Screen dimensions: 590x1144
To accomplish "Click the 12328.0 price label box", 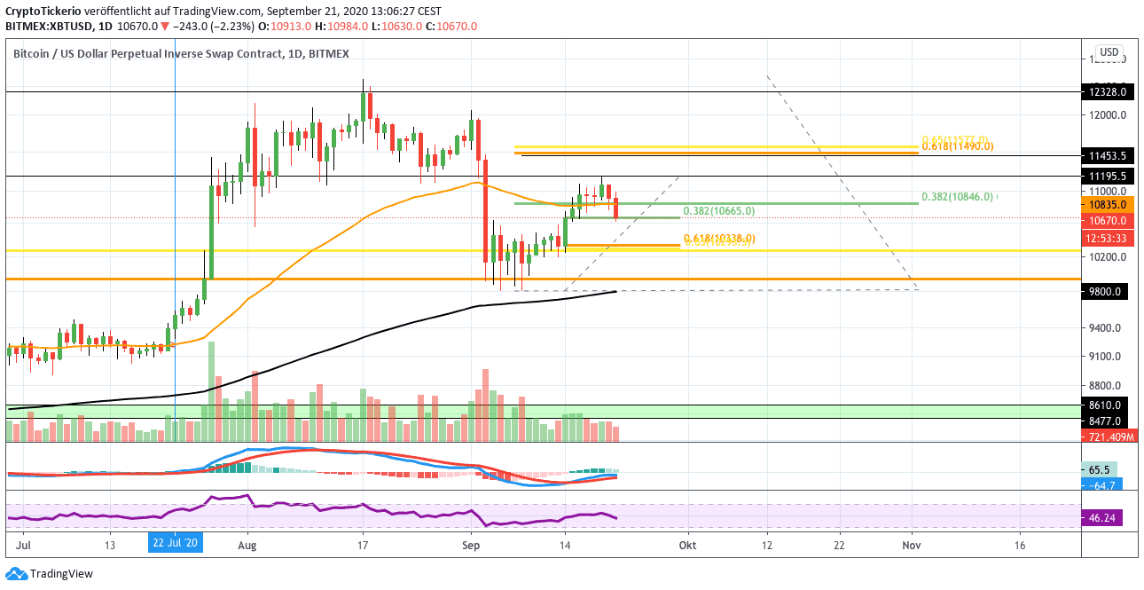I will [1105, 91].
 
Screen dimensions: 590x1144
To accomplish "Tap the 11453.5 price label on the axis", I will [1105, 155].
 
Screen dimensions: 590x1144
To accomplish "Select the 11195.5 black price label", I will [1105, 176].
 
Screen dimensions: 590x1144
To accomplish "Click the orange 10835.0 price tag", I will [1105, 204].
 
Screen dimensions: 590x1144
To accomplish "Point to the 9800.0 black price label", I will [1105, 291].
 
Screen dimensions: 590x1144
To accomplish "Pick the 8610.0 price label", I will [1105, 405].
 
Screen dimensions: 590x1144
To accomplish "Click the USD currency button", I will [1109, 51].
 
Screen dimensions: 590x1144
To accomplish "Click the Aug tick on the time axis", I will [247, 545].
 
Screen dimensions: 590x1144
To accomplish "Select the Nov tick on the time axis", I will [911, 545].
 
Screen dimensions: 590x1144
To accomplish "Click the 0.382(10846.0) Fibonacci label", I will [958, 197].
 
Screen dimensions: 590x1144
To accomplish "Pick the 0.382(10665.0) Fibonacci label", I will [719, 211].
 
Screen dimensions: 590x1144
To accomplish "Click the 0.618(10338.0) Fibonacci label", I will [719, 238].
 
